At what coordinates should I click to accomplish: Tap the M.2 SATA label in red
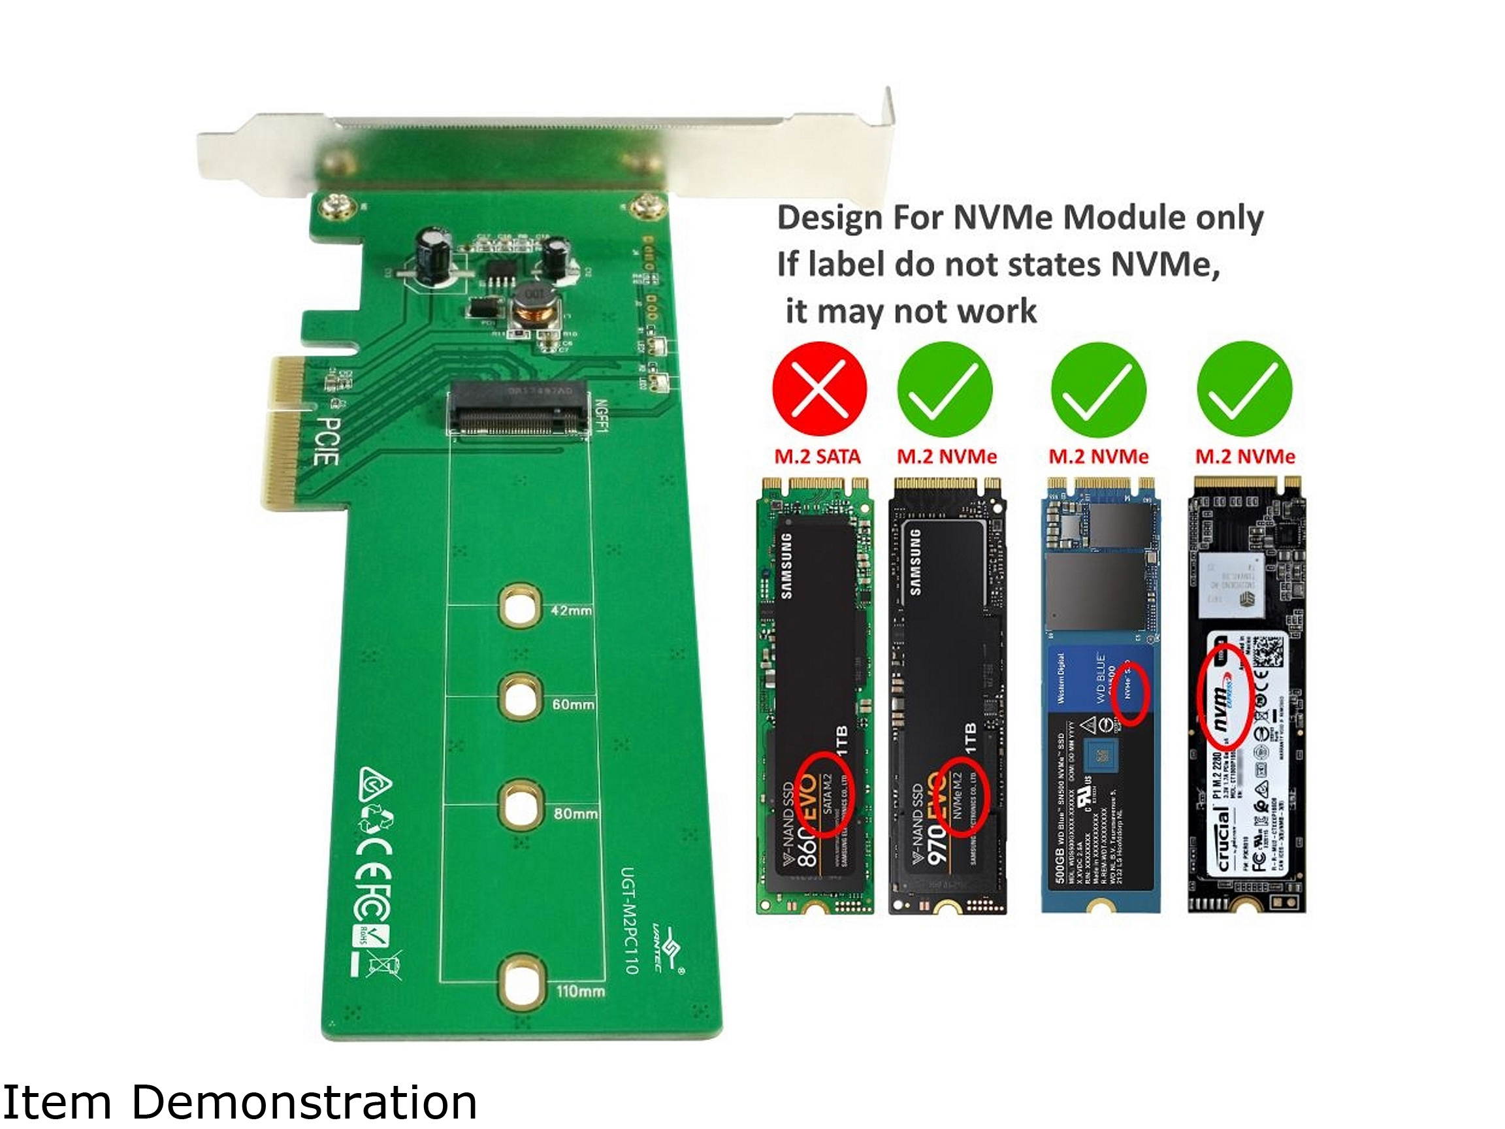817,457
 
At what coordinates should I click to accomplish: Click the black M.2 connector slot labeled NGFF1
517,409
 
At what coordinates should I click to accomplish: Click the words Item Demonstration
240,1102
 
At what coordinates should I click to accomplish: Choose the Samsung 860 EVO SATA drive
815,694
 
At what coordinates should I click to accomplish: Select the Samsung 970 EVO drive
947,694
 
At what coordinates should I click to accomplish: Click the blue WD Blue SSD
1100,694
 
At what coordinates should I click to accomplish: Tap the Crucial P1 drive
1246,694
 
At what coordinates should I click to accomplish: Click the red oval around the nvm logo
1224,698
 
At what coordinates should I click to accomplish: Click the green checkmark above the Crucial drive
1244,389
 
